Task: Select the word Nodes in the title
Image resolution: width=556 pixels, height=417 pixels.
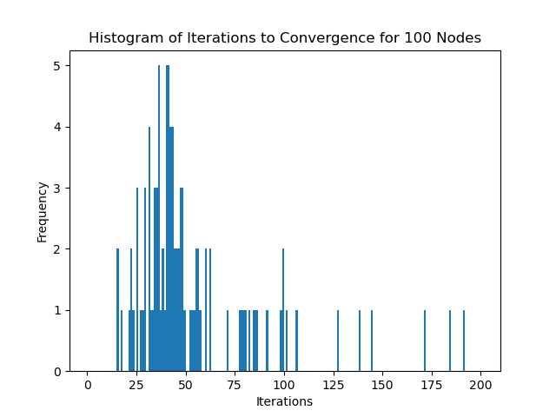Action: pos(460,38)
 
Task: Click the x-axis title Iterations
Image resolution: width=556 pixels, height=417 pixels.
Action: pos(284,401)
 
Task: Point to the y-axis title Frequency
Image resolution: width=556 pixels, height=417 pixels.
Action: pos(42,211)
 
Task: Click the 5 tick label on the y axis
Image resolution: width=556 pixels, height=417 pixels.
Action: pos(56,66)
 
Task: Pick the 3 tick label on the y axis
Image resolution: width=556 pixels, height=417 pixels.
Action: pos(56,189)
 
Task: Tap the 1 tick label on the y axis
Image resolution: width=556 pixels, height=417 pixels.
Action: pos(56,310)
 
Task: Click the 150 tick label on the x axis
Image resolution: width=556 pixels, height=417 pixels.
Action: pos(382,385)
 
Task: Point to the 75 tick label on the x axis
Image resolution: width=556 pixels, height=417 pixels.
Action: pos(235,385)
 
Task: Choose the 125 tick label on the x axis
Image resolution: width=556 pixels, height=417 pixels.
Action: pos(333,385)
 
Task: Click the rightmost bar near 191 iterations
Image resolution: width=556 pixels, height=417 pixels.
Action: pos(464,341)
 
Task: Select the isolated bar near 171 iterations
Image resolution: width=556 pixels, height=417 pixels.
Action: pos(425,341)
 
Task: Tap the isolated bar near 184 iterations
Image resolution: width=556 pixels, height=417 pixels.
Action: pos(450,341)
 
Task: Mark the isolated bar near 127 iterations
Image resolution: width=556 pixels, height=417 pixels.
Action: pos(338,341)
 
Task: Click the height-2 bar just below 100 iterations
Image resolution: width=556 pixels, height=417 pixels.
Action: pos(283,310)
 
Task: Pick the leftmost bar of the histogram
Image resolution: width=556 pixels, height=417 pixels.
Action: pos(117,310)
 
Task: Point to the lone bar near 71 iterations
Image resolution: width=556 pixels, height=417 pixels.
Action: pos(228,341)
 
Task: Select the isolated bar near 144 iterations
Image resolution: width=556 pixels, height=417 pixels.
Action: pos(372,341)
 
